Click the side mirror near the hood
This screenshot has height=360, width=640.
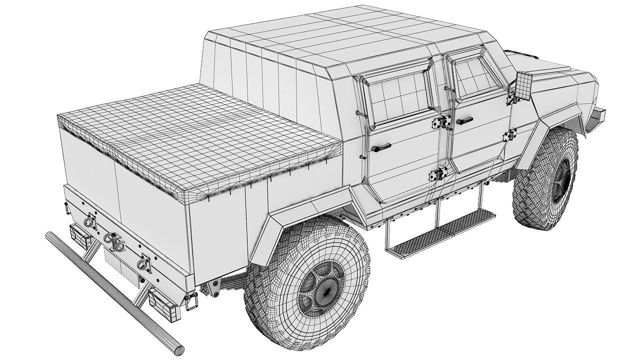[x=522, y=84]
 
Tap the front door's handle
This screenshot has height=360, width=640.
[x=464, y=120]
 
